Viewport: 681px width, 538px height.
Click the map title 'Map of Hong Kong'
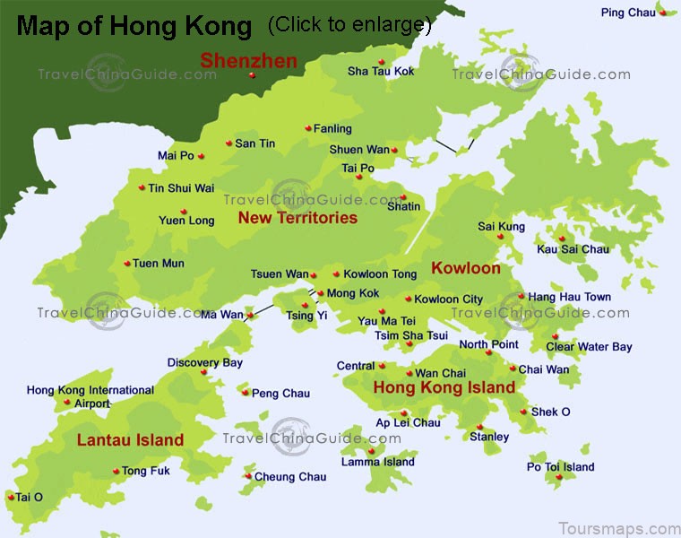134,26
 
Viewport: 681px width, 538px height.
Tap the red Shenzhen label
248,61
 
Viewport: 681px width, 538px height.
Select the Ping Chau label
628,13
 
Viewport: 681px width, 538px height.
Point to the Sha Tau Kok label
381,72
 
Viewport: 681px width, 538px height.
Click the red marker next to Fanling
307,128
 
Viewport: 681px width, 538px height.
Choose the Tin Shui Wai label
181,188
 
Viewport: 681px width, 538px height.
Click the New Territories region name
297,218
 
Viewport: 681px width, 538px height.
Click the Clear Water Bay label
589,347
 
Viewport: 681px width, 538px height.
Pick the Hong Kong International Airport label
90,396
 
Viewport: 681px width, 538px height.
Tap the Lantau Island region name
130,440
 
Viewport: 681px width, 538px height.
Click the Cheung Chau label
290,477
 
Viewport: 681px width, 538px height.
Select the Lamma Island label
377,462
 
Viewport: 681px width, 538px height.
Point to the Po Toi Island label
560,466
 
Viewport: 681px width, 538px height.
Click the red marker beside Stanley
480,427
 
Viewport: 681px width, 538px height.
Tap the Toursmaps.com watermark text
618,528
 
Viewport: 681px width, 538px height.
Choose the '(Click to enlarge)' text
349,25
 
